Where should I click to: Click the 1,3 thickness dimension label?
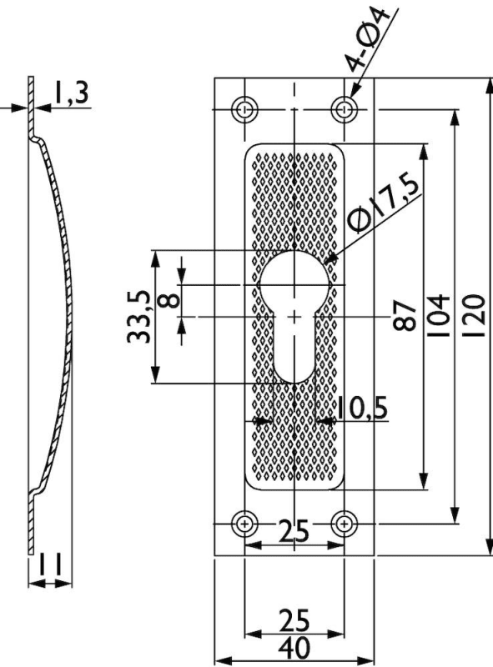click(x=72, y=93)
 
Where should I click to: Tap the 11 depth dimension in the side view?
click(x=51, y=564)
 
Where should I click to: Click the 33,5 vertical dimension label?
click(x=138, y=317)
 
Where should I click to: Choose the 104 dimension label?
click(x=440, y=315)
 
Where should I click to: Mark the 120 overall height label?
click(x=475, y=315)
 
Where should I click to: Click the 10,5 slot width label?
click(x=363, y=408)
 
